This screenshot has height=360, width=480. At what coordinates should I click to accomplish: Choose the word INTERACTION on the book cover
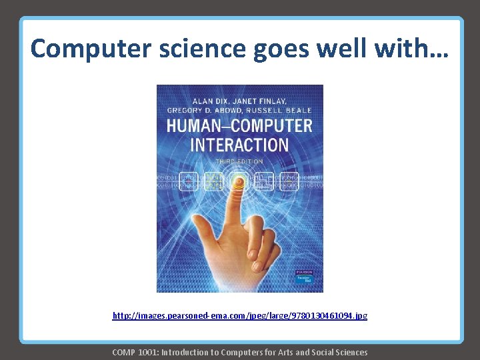pyautogui.click(x=239, y=145)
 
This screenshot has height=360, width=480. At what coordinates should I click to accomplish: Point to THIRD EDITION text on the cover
pyautogui.click(x=239, y=161)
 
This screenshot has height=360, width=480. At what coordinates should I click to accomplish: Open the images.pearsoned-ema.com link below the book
pyautogui.click(x=239, y=315)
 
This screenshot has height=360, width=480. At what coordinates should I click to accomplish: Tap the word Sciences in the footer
pyautogui.click(x=349, y=352)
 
